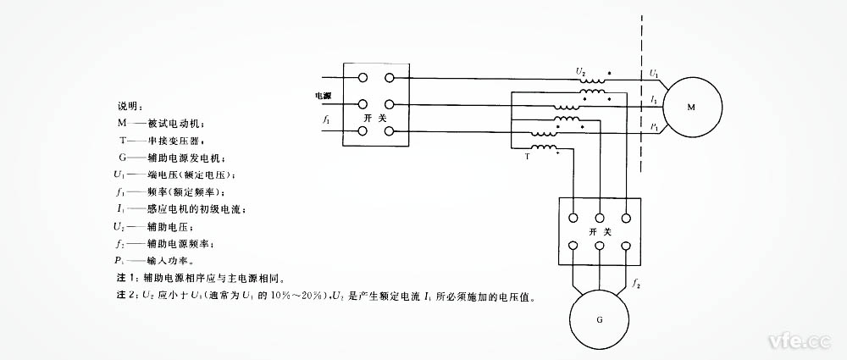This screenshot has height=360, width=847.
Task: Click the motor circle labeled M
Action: [691, 108]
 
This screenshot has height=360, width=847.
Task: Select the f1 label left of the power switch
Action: [326, 123]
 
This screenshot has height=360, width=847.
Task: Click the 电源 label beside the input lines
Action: [324, 96]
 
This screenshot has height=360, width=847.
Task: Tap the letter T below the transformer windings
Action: [528, 158]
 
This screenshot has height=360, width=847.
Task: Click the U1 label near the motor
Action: [655, 75]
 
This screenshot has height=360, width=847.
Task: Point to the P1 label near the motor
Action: [655, 127]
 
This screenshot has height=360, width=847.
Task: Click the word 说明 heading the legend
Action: [127, 106]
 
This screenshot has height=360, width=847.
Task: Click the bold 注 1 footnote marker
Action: [125, 278]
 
